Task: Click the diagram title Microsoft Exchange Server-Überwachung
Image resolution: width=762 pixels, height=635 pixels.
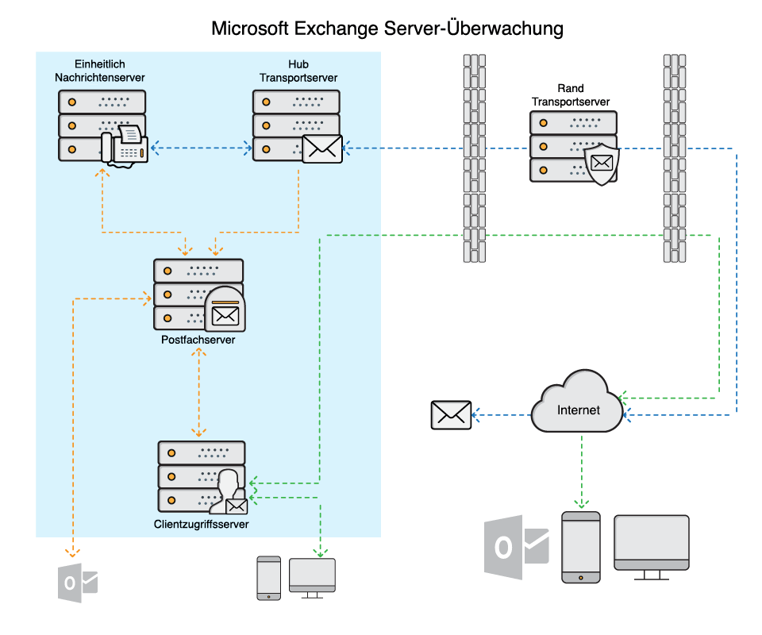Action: (x=387, y=29)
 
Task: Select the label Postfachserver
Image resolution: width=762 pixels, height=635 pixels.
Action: (x=198, y=340)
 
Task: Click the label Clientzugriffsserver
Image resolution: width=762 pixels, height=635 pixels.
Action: (x=201, y=524)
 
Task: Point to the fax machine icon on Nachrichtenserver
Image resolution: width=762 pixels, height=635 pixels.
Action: (x=125, y=145)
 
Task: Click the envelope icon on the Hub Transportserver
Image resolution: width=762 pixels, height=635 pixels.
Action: (x=322, y=148)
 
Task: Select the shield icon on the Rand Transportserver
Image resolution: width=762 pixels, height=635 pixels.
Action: (x=602, y=164)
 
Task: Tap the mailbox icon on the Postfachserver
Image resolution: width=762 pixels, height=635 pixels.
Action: (x=225, y=310)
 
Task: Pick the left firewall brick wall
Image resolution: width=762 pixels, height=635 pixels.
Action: (x=474, y=158)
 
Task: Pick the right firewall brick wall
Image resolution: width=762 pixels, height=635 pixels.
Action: (x=674, y=158)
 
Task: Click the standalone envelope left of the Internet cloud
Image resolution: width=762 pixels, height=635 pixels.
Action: (x=451, y=415)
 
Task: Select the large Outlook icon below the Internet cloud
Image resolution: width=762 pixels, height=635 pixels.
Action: (x=516, y=547)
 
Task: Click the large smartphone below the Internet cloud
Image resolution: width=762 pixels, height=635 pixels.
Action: (x=580, y=548)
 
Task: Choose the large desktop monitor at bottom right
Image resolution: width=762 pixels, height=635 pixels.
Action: (x=652, y=543)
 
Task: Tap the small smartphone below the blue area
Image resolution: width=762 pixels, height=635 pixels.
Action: (x=268, y=577)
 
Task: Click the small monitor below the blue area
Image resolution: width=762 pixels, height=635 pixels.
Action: (x=312, y=575)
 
